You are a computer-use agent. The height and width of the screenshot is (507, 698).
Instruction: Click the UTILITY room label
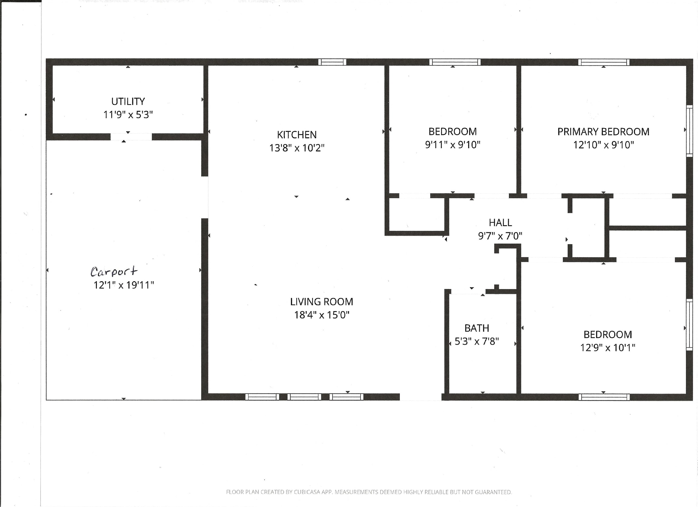click(128, 101)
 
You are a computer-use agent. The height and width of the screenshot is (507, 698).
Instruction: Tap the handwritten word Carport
click(114, 271)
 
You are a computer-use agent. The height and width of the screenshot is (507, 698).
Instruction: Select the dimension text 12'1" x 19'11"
click(123, 285)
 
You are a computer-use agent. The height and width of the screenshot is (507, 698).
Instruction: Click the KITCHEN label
click(297, 135)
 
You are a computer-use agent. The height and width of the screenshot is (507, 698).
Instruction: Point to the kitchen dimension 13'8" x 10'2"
click(297, 148)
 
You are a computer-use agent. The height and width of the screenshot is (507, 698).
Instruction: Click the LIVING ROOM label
click(321, 301)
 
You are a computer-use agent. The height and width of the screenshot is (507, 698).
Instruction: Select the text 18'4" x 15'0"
click(321, 315)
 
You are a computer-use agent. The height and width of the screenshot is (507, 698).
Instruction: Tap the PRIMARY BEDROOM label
click(603, 132)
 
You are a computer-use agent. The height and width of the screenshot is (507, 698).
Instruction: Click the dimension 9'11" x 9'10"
click(452, 144)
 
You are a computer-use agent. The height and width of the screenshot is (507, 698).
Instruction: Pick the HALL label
click(500, 222)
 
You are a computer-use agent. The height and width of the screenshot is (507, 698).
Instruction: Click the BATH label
click(477, 328)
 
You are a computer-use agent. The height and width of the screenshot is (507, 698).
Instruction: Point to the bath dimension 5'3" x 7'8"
click(477, 341)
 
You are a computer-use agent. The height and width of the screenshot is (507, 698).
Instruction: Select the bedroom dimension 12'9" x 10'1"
click(607, 348)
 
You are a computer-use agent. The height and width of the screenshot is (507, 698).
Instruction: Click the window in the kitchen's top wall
click(332, 62)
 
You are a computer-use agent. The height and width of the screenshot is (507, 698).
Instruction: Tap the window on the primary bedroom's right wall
click(690, 131)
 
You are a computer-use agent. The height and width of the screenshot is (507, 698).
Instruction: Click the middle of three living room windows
click(304, 397)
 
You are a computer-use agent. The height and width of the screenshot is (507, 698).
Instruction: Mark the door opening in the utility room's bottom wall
click(131, 137)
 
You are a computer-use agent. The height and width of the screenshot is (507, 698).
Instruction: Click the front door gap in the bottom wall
click(420, 397)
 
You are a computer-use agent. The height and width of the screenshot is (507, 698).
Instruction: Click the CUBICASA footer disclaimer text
click(369, 492)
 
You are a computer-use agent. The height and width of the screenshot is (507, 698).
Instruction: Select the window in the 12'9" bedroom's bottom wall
click(604, 397)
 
